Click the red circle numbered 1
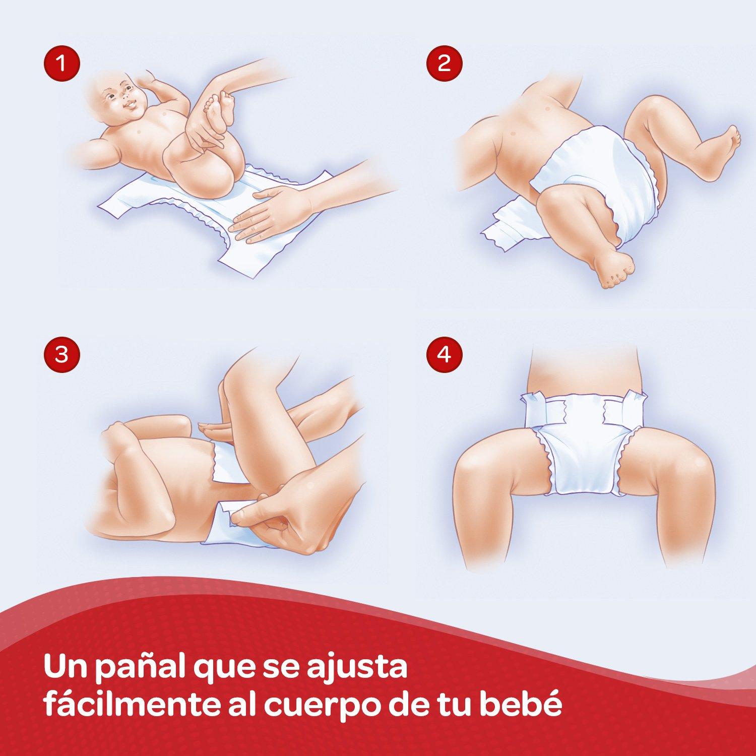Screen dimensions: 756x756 pyautogui.click(x=61, y=64)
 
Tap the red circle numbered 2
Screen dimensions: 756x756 pyautogui.click(x=444, y=64)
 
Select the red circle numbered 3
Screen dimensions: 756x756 pyautogui.click(x=61, y=354)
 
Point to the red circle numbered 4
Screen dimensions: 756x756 pyautogui.click(x=444, y=354)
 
